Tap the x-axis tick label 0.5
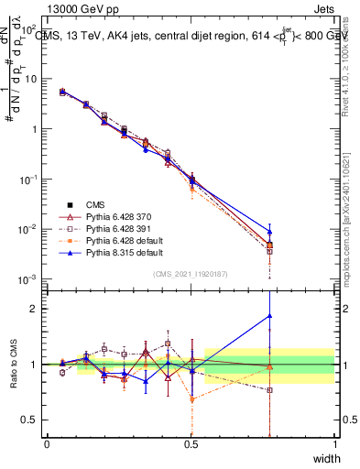point(191,443)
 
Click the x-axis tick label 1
point(334,443)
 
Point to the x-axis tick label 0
point(47,443)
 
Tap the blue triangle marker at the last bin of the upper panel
point(269,231)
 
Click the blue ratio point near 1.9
point(269,316)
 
